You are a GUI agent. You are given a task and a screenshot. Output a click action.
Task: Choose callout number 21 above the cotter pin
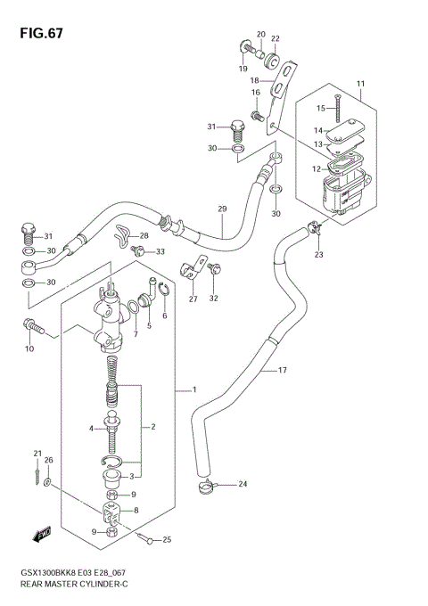[37, 453]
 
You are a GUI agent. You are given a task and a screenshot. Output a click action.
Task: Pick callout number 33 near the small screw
[160, 252]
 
